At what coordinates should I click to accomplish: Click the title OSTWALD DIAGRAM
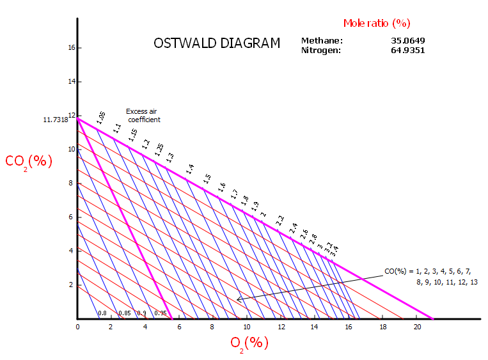tap(217, 43)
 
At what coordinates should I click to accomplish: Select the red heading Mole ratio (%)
tap(376, 23)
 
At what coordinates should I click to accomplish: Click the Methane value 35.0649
tap(408, 41)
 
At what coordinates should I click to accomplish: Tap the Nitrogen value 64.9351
tap(408, 50)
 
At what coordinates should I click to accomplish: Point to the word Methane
tap(322, 41)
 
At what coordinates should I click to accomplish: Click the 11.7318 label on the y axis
tap(56, 120)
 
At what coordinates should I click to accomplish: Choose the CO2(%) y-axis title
tap(29, 161)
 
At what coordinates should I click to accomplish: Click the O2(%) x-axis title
tap(249, 343)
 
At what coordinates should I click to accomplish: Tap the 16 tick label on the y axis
tap(72, 48)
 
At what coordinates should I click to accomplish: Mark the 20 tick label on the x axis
tap(417, 327)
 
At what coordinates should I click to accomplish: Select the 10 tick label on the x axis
tap(248, 327)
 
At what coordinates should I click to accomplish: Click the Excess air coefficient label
tap(143, 115)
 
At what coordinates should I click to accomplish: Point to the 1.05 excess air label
tap(101, 116)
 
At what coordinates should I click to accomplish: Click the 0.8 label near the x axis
tap(102, 313)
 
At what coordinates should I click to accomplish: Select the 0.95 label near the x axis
tap(160, 313)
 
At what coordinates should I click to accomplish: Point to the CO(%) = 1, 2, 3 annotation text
tap(431, 276)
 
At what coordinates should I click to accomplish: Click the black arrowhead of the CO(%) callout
tap(238, 299)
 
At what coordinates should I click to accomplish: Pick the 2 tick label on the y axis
tap(72, 285)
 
